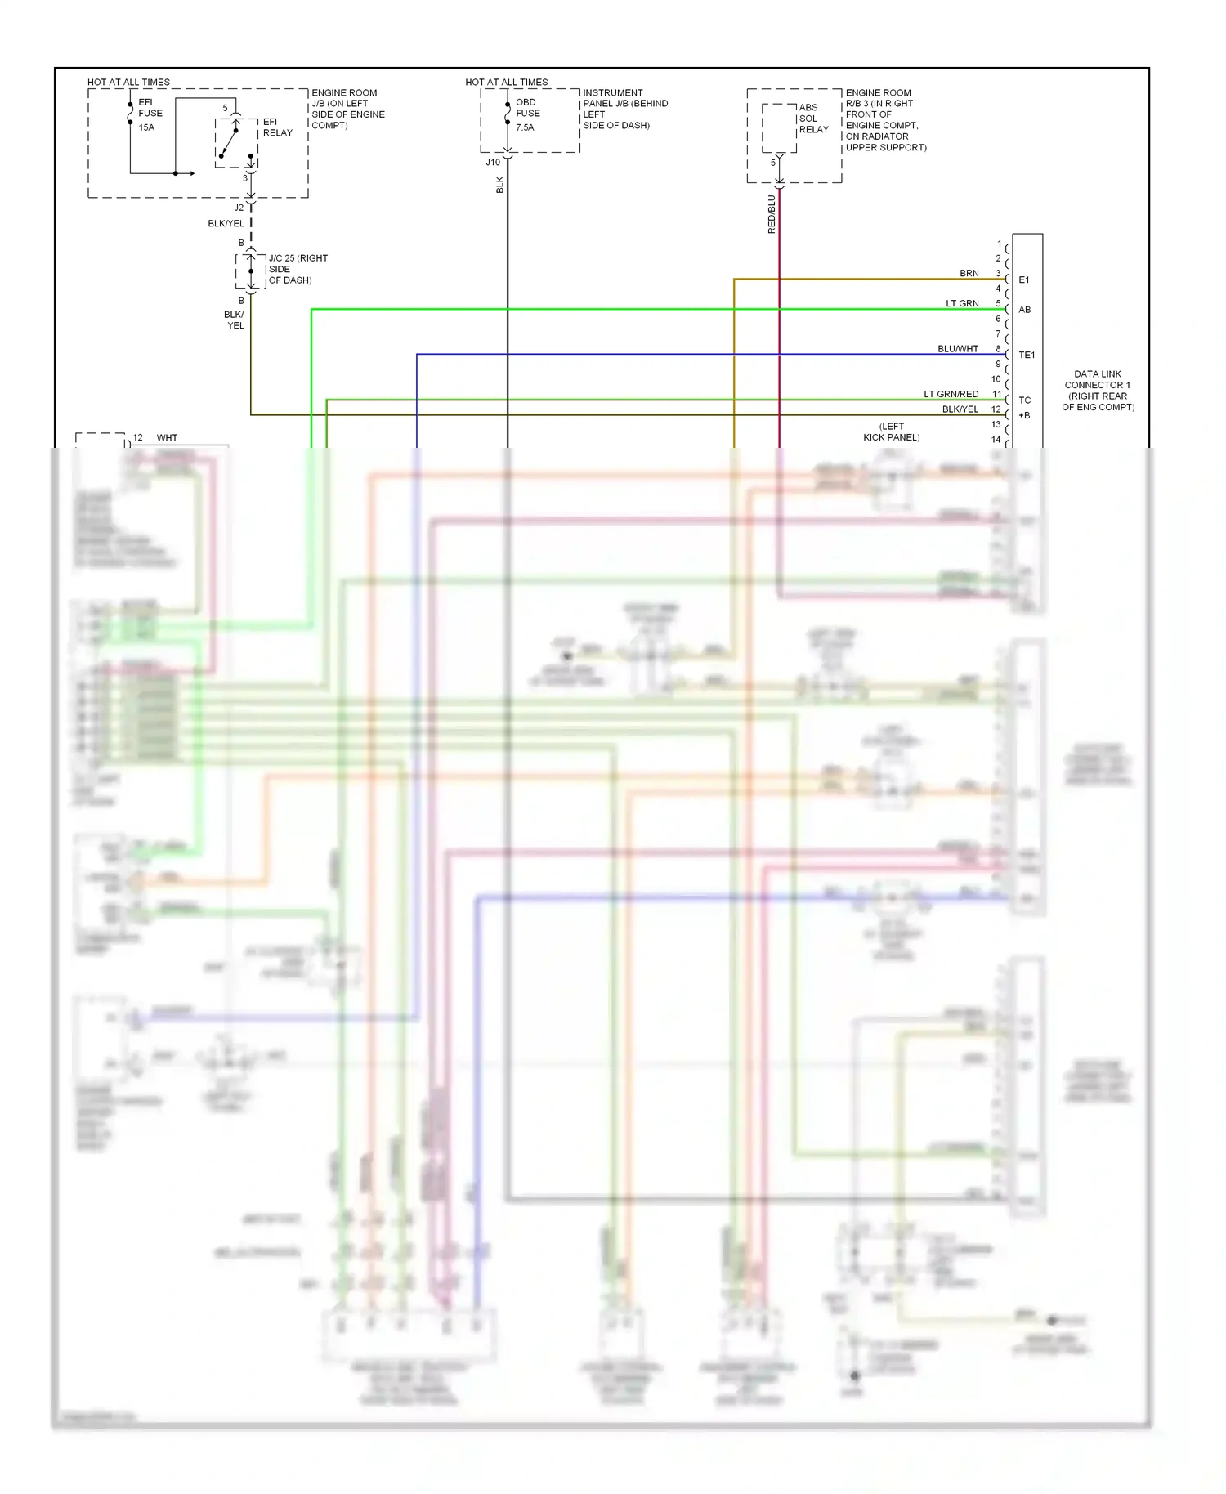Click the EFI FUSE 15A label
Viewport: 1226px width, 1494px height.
(x=150, y=114)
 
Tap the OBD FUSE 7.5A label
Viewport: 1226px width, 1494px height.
(x=527, y=114)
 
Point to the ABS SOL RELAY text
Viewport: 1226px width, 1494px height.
(x=813, y=119)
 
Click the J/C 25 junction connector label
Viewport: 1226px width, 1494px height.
(x=298, y=269)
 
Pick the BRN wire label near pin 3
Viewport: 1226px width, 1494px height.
(x=969, y=274)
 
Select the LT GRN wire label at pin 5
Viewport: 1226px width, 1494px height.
(x=962, y=304)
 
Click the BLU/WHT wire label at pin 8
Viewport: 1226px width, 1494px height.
(x=957, y=349)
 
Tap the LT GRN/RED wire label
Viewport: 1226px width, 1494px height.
(x=951, y=395)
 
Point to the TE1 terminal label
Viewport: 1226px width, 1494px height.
(x=1027, y=356)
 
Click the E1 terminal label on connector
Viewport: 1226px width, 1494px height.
(x=1024, y=280)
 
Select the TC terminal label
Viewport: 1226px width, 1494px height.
(x=1025, y=400)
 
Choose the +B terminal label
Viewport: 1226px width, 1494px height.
(x=1024, y=416)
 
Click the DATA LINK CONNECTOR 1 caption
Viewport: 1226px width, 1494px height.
(x=1098, y=391)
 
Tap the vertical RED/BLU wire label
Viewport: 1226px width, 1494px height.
(x=772, y=214)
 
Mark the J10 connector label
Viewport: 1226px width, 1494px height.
(x=493, y=163)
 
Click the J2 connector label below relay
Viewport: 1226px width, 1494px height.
(x=239, y=208)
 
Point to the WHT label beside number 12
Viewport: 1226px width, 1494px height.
(x=167, y=438)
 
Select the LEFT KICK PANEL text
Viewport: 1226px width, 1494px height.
(x=891, y=432)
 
